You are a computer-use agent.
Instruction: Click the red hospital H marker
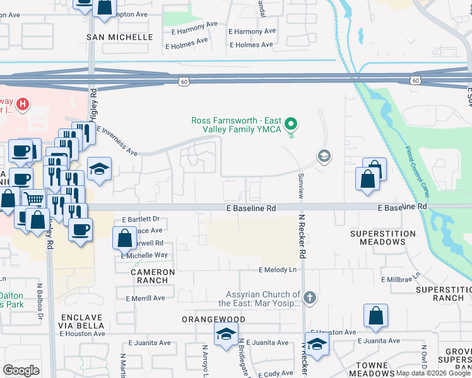tap(23, 103)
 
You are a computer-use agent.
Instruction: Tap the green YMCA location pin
tap(291, 124)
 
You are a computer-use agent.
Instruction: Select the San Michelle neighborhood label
tap(119, 37)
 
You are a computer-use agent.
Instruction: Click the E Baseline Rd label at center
tap(251, 208)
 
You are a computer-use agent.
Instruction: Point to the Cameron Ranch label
tap(149, 276)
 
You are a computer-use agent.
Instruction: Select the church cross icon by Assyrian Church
tap(309, 296)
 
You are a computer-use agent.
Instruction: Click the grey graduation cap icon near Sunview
tap(324, 156)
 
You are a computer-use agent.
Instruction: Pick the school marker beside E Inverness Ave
tap(99, 169)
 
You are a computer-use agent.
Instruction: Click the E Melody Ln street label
tap(277, 270)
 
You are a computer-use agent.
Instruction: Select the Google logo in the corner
tap(21, 370)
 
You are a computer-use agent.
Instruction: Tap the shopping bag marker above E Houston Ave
tap(375, 317)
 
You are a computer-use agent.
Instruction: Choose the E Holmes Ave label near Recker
tap(251, 45)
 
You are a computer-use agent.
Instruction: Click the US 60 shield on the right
tap(415, 80)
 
